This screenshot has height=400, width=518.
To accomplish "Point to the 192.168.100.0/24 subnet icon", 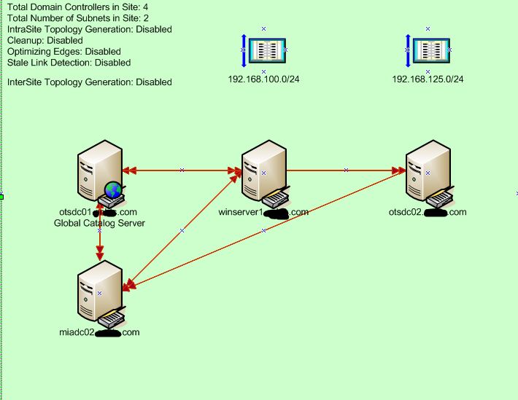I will coord(263,50).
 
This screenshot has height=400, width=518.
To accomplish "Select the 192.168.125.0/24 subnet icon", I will coord(428,50).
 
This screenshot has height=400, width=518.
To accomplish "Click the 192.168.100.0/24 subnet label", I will coord(263,79).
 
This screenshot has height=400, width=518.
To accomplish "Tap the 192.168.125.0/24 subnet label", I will coord(428,79).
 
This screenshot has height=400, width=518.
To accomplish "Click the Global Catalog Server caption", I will coord(99,223).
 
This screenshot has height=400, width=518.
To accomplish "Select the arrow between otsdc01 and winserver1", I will coord(182,170).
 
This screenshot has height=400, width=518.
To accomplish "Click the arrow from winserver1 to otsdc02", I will coord(346,170).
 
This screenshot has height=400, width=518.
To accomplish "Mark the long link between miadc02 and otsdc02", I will coord(263,230).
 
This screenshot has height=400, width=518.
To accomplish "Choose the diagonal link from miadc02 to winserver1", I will coord(182,230).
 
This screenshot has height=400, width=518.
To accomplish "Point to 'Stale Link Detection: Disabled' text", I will coord(69,63).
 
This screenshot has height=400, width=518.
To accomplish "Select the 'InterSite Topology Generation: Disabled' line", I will coord(89,82).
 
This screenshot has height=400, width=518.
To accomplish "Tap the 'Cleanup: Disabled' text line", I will coord(45,41).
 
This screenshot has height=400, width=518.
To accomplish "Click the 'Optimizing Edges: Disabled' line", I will coord(63,52).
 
